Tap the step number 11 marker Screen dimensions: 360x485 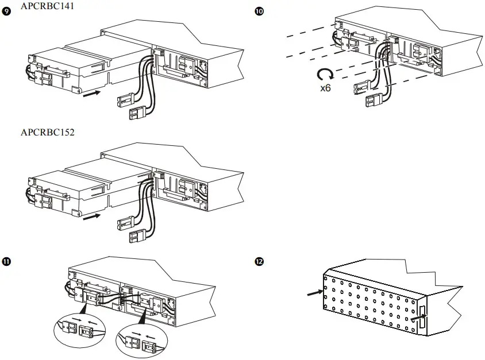tap(7, 262)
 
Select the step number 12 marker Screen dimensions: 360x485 tap(259, 262)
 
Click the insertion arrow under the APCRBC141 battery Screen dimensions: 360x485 tap(91, 93)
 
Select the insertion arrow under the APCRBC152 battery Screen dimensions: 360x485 tap(91, 217)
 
